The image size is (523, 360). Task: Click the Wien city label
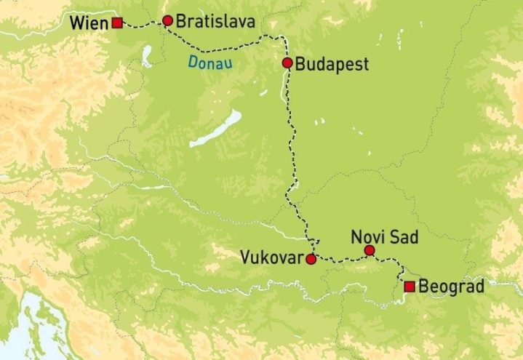pos(90,23)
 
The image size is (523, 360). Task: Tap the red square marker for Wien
pos(117,23)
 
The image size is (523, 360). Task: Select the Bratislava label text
pos(216,22)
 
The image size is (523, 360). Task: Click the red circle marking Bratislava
pos(168,20)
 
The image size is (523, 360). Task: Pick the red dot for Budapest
pos(287,63)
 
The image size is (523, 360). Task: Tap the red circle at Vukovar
pos(311,259)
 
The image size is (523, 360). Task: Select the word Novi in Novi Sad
pos(365,237)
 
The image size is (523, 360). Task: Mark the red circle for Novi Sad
pos(369,250)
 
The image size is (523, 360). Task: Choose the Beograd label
pos(452,287)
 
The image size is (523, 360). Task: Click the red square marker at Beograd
pos(410,287)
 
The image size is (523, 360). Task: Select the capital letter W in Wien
pos(77,23)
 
